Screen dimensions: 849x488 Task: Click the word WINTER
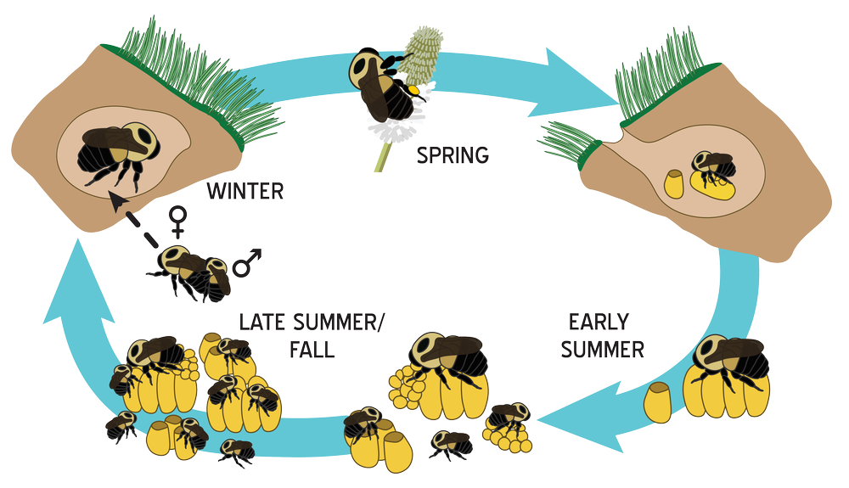[x=245, y=191]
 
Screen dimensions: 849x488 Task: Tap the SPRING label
[x=453, y=155]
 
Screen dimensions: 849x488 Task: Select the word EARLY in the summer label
[x=599, y=323]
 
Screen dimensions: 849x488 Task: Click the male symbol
[x=247, y=263]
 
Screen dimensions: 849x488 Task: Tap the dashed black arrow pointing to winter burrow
[x=132, y=218]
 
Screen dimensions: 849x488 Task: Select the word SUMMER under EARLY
[x=602, y=349]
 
